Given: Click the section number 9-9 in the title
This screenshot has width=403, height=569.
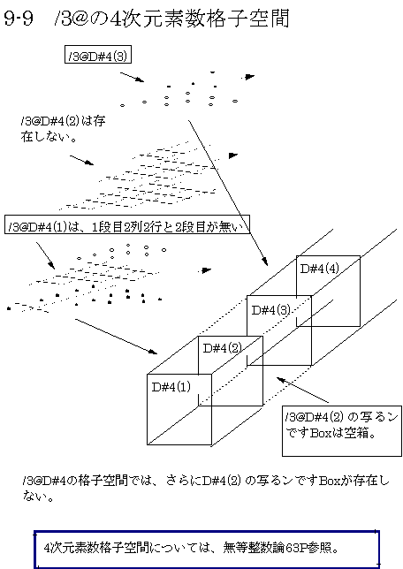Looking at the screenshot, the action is pos(19,19).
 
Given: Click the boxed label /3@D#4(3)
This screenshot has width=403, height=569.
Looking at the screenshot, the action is pos(98,55).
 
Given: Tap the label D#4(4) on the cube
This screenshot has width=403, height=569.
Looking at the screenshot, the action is pos(320,269).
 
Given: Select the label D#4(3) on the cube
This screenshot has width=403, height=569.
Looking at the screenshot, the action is pos(271,309).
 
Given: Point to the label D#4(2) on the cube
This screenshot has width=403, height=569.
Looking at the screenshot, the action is pos(223,348).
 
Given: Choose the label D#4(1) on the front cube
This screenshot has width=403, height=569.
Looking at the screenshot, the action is pos(171,387).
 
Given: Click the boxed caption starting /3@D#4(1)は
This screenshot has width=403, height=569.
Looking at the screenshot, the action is pos(127,224).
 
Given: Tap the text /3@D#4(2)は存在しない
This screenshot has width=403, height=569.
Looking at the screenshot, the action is pos(63,128).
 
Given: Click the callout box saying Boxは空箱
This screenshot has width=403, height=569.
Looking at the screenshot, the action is pos(342,431).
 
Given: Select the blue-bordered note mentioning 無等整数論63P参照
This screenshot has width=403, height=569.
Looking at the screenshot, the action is pos(207,549).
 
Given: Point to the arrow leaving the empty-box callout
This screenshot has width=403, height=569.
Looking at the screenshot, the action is pos(303,391).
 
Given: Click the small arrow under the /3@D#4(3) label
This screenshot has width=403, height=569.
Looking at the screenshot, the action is pos(133,77).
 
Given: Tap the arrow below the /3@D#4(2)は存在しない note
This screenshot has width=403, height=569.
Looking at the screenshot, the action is pos(81,161).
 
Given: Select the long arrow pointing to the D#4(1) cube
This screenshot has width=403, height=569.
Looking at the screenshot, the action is pos(116,336).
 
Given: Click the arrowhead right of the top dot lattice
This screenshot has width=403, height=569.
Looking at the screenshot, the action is pos(249,77).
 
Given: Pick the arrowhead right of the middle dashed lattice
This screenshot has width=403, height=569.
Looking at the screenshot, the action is pos(233,156).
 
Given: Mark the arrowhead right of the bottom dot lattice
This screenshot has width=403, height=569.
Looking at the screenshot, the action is pos(207,270).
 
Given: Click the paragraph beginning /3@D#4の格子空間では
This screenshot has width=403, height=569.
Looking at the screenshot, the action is pos(205,489).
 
